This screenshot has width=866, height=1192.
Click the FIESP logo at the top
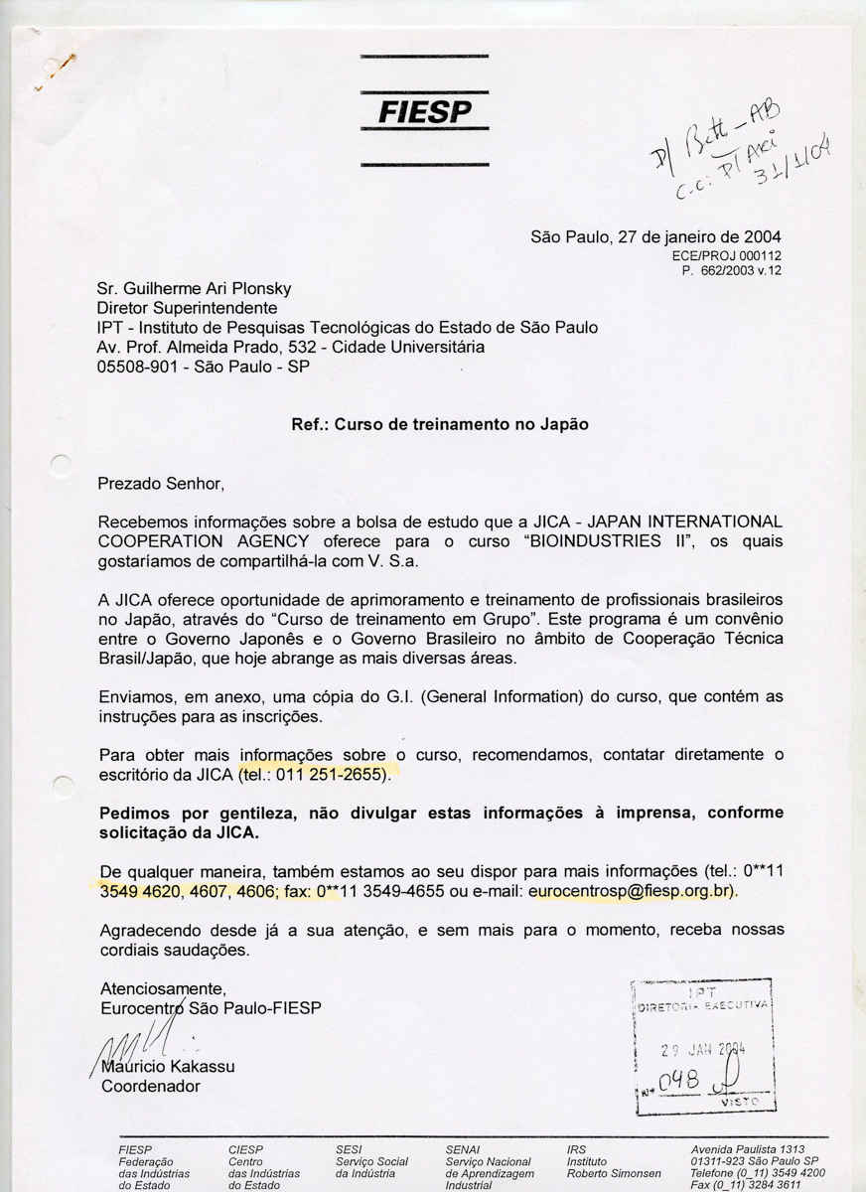[x=424, y=110]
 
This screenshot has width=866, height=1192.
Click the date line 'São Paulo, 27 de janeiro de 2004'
[x=655, y=237]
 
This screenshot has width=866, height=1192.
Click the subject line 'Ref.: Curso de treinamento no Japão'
[x=440, y=424]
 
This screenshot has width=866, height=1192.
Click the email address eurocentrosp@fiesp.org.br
[x=632, y=891]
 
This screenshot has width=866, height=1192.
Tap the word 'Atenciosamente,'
[x=164, y=989]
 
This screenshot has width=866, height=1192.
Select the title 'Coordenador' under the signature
[x=151, y=1086]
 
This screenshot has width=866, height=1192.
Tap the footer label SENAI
[x=463, y=1149]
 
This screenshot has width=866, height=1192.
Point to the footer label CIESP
[x=245, y=1149]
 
